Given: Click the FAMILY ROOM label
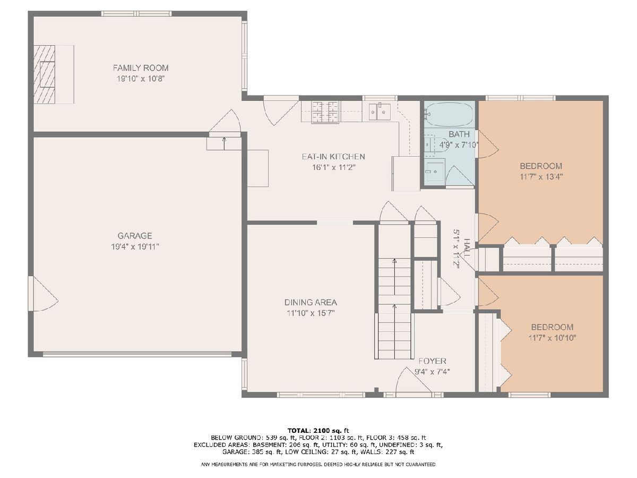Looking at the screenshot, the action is tap(141, 68).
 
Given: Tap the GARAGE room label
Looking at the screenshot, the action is tap(135, 236).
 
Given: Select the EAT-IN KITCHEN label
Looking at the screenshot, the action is tap(333, 157).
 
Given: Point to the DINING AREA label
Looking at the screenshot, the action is tap(311, 302).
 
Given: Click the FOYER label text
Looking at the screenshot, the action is tap(432, 361).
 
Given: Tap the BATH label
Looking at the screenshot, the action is tap(459, 134).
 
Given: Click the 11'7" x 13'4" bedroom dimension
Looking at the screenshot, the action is tap(541, 177).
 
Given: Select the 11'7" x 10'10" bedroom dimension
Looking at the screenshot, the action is tap(552, 338).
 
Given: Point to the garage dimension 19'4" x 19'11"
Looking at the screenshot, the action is tap(135, 246).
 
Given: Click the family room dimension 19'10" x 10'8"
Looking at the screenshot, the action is tap(141, 79).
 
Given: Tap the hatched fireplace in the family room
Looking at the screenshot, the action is tap(45, 74).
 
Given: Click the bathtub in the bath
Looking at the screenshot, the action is tap(449, 114).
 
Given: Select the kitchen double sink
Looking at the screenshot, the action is tap(380, 112).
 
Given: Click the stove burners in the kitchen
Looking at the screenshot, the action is tap(325, 112).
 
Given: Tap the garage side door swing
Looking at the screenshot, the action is tap(44, 294).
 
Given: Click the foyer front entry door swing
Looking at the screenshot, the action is tap(414, 380).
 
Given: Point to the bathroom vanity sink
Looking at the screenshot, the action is tap(435, 172).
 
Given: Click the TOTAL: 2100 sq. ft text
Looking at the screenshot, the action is tap(318, 430).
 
